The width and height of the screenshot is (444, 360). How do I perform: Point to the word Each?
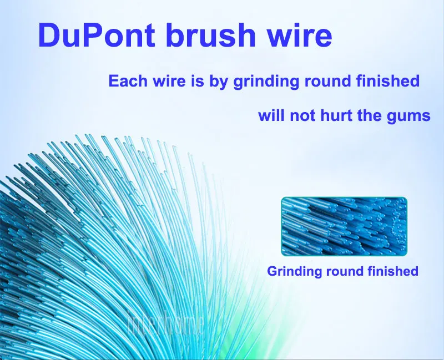[126, 82]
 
